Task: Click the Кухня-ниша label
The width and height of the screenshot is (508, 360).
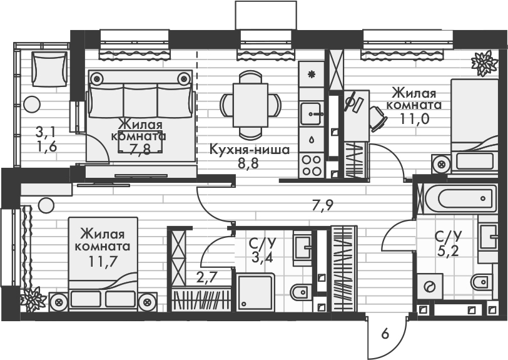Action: click(x=249, y=150)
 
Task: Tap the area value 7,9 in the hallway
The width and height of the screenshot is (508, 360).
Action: click(x=322, y=205)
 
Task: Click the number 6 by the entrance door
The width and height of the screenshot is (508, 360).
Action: click(x=385, y=334)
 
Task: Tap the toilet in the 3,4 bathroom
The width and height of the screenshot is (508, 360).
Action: click(x=301, y=292)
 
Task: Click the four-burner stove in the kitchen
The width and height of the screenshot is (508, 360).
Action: click(x=311, y=165)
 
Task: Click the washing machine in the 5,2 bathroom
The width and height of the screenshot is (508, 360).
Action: click(x=431, y=287)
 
